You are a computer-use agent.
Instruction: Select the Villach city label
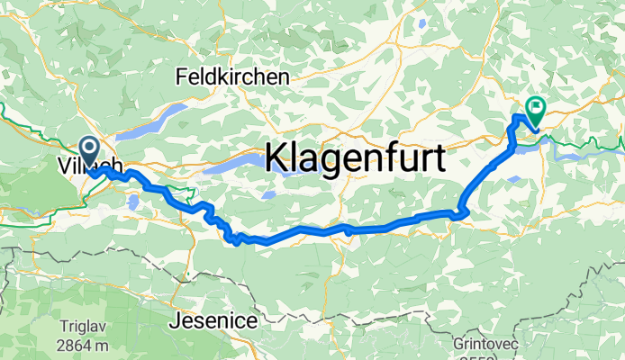click(87, 167)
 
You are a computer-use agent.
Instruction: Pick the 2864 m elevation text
click(82, 346)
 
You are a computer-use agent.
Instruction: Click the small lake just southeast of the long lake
click(267, 193)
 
